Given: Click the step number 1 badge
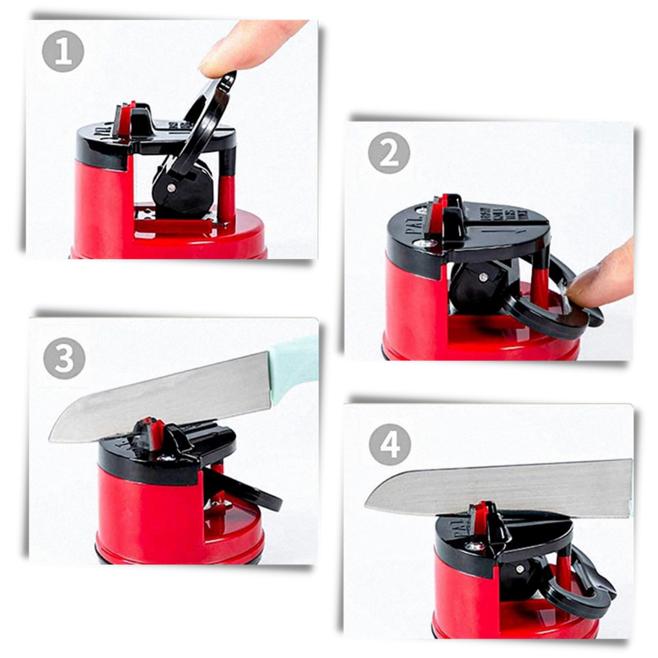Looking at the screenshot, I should point(63,51).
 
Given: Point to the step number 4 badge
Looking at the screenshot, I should point(390,446).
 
